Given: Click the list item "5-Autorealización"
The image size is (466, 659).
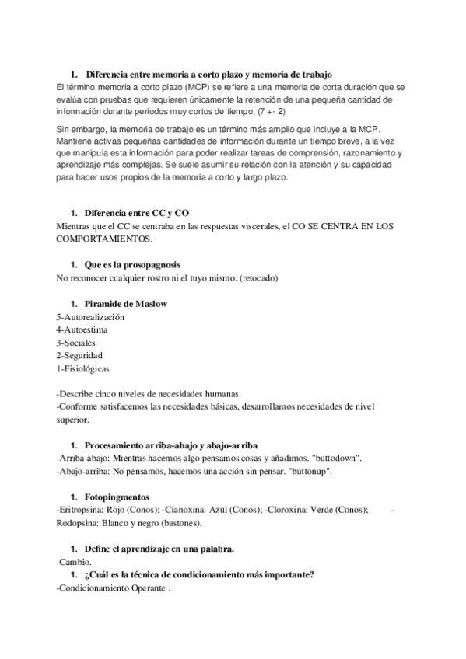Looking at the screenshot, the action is click(91, 317).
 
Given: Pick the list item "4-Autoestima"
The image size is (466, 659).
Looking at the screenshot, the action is click(82, 329).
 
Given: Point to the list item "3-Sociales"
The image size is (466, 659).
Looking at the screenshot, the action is click(78, 342).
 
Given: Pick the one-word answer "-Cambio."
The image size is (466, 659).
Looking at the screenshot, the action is click(74, 560).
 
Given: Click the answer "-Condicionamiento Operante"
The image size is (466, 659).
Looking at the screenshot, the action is click(113, 588).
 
